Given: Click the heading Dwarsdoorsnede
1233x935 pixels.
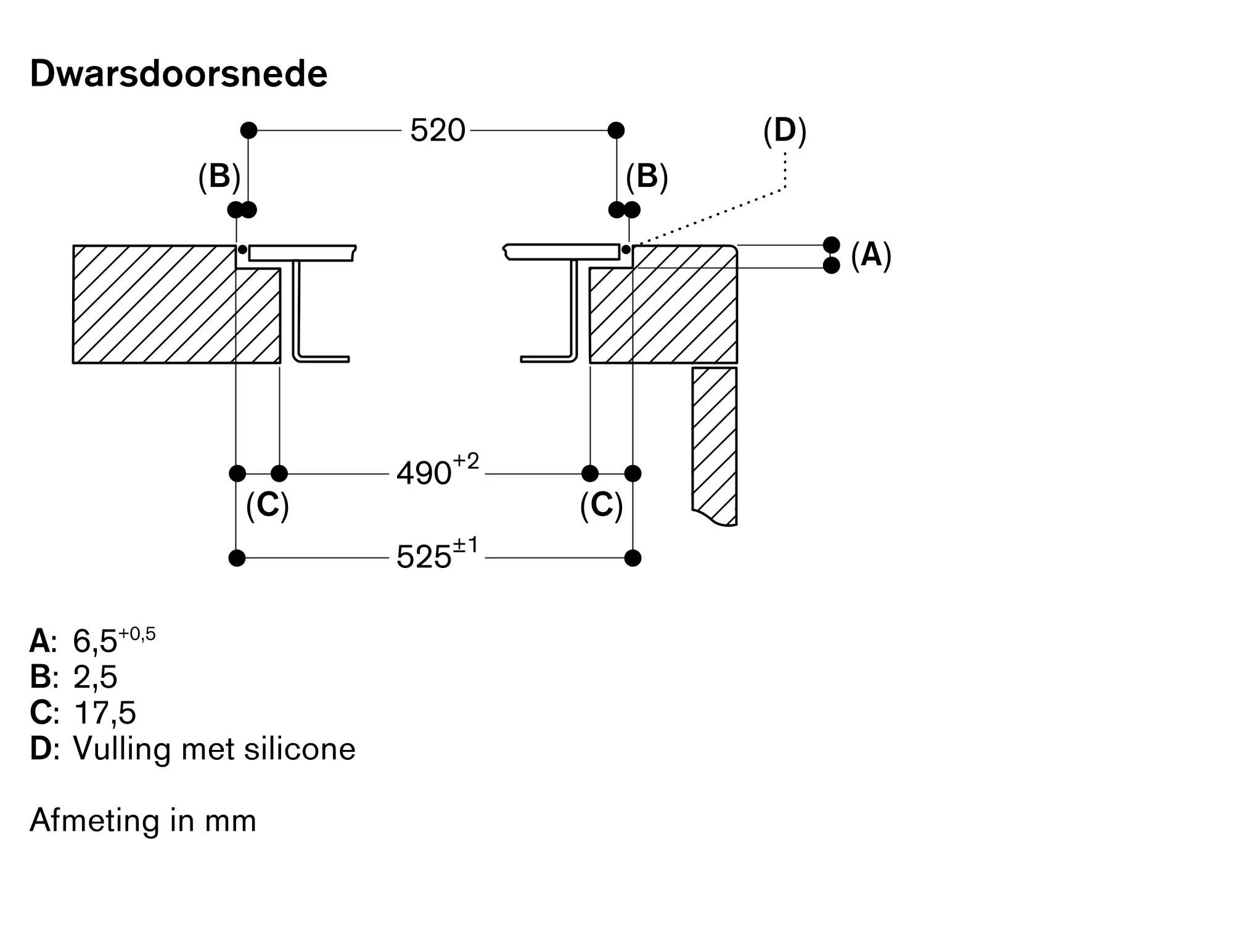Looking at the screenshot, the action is click(x=178, y=74).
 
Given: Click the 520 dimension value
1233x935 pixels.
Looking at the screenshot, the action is click(x=437, y=131).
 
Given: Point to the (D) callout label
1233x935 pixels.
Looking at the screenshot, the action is click(x=785, y=132).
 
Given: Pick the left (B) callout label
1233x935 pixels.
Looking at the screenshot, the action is click(x=219, y=177).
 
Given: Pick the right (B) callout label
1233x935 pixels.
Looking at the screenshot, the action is click(x=647, y=177).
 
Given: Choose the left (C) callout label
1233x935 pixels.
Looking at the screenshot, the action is click(x=268, y=506).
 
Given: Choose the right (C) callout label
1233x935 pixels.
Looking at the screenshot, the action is click(x=602, y=506).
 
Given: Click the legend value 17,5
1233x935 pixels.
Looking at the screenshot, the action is click(x=104, y=713).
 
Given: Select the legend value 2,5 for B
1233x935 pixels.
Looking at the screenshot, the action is click(x=95, y=677).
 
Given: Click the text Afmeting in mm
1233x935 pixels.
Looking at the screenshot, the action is click(x=143, y=821).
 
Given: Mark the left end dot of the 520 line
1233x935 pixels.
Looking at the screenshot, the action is click(x=248, y=130).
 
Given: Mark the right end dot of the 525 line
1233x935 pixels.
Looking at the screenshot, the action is click(x=633, y=558).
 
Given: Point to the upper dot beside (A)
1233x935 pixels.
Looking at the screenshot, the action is click(x=832, y=245).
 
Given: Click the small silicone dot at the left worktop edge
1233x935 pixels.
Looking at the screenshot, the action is click(x=243, y=249).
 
